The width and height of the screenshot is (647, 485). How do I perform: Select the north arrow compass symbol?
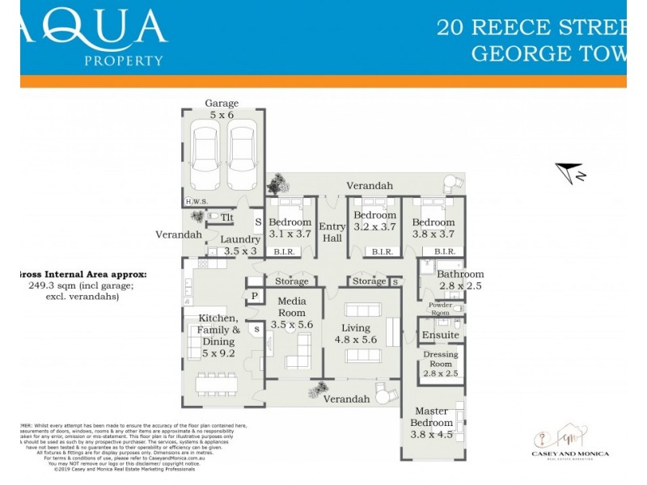pyautogui.click(x=570, y=172)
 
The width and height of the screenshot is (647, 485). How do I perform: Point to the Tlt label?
pyautogui.click(x=227, y=217)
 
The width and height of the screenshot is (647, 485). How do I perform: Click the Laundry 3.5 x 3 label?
pyautogui.click(x=241, y=245)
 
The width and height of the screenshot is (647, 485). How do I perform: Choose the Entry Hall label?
pyautogui.click(x=332, y=233)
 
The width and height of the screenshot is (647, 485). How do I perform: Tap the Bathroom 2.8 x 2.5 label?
pyautogui.click(x=461, y=280)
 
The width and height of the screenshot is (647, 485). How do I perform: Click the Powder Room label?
pyautogui.click(x=440, y=308)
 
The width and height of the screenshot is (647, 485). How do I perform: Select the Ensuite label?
pyautogui.click(x=441, y=335)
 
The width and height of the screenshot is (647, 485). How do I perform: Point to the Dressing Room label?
pyautogui.click(x=441, y=359)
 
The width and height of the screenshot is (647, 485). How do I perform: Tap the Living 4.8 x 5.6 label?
pyautogui.click(x=356, y=334)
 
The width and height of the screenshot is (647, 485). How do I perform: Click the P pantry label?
pyautogui.click(x=254, y=297)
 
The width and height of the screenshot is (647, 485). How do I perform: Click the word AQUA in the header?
pyautogui.click(x=97, y=29)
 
